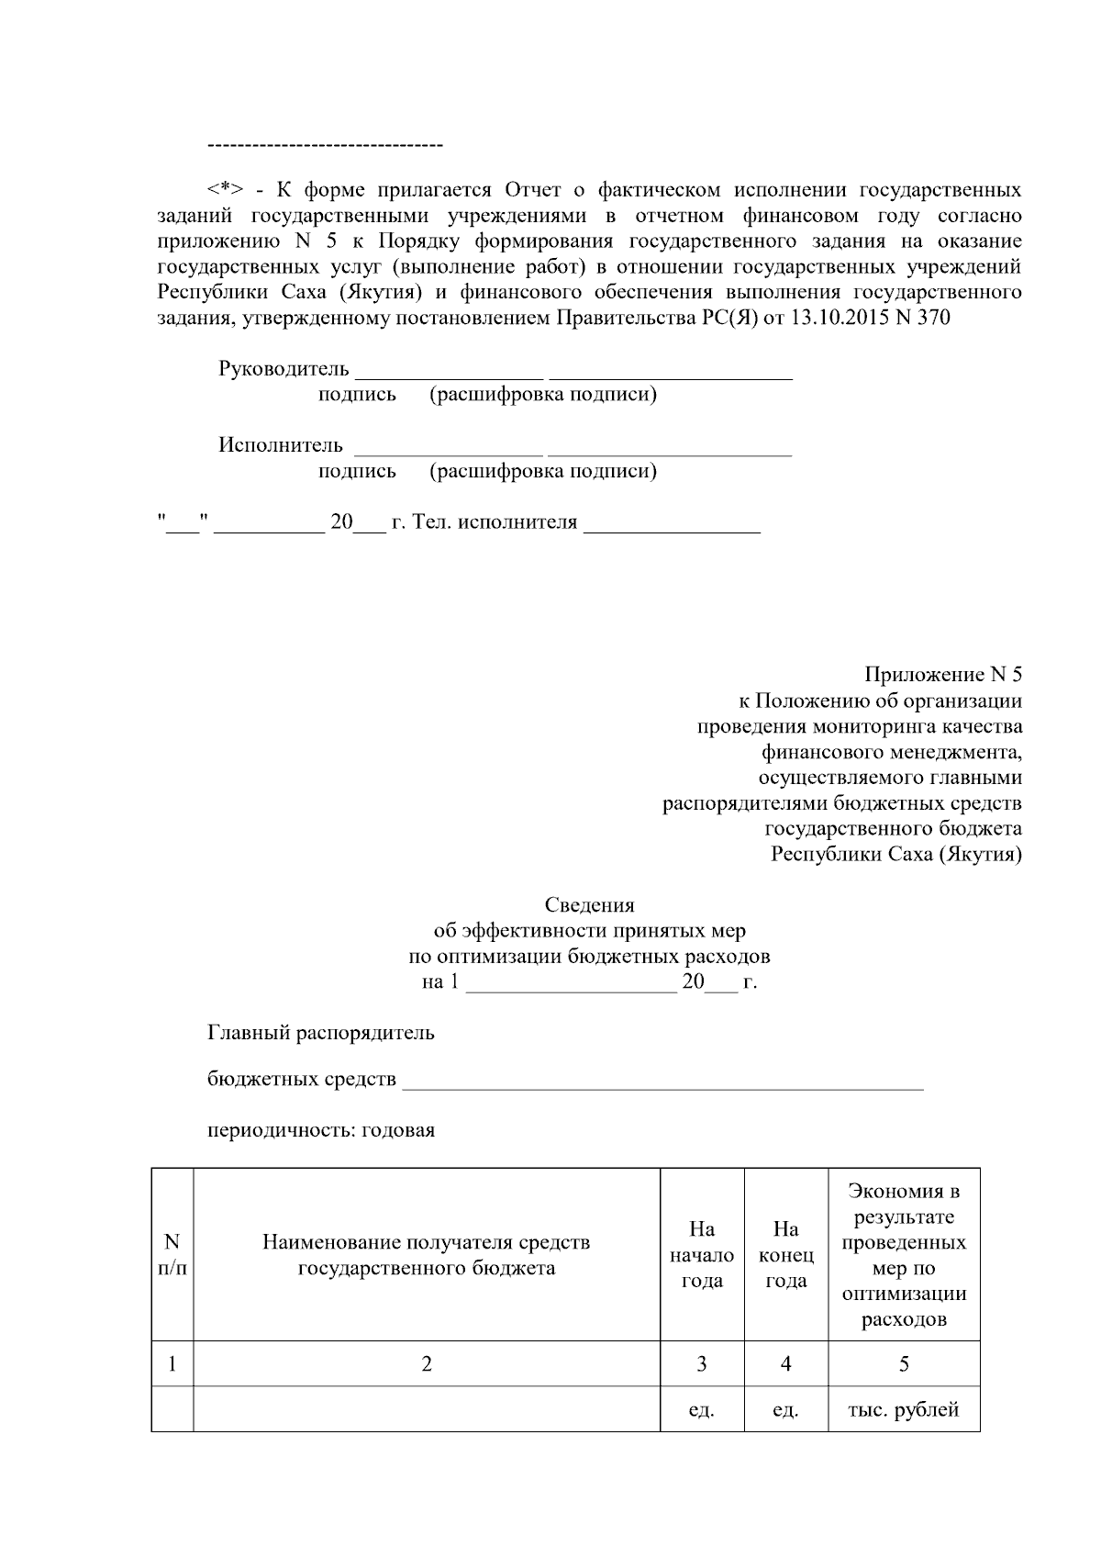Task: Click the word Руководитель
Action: (x=284, y=369)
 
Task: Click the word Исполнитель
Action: (x=280, y=445)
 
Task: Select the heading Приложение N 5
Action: (x=943, y=675)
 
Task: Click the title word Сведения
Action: (x=589, y=905)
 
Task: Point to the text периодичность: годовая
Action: (x=321, y=1130)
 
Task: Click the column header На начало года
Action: (x=702, y=1255)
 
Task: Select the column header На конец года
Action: (x=786, y=1255)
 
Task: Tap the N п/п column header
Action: (x=172, y=1255)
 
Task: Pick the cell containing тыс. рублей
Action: (x=904, y=1409)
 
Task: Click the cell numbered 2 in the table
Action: (x=427, y=1364)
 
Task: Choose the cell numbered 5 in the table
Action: (x=904, y=1364)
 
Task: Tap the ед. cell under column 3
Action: (x=702, y=1409)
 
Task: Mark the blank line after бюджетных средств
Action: (x=662, y=1084)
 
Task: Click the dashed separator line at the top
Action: (x=326, y=145)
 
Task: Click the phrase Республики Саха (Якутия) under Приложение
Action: (x=895, y=855)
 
